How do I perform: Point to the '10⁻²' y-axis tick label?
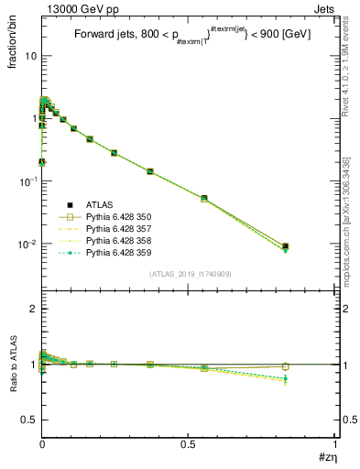coord(27,245)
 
